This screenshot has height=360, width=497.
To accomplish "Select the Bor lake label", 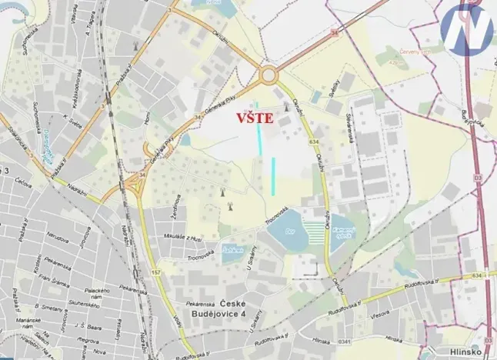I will tap(290, 229).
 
